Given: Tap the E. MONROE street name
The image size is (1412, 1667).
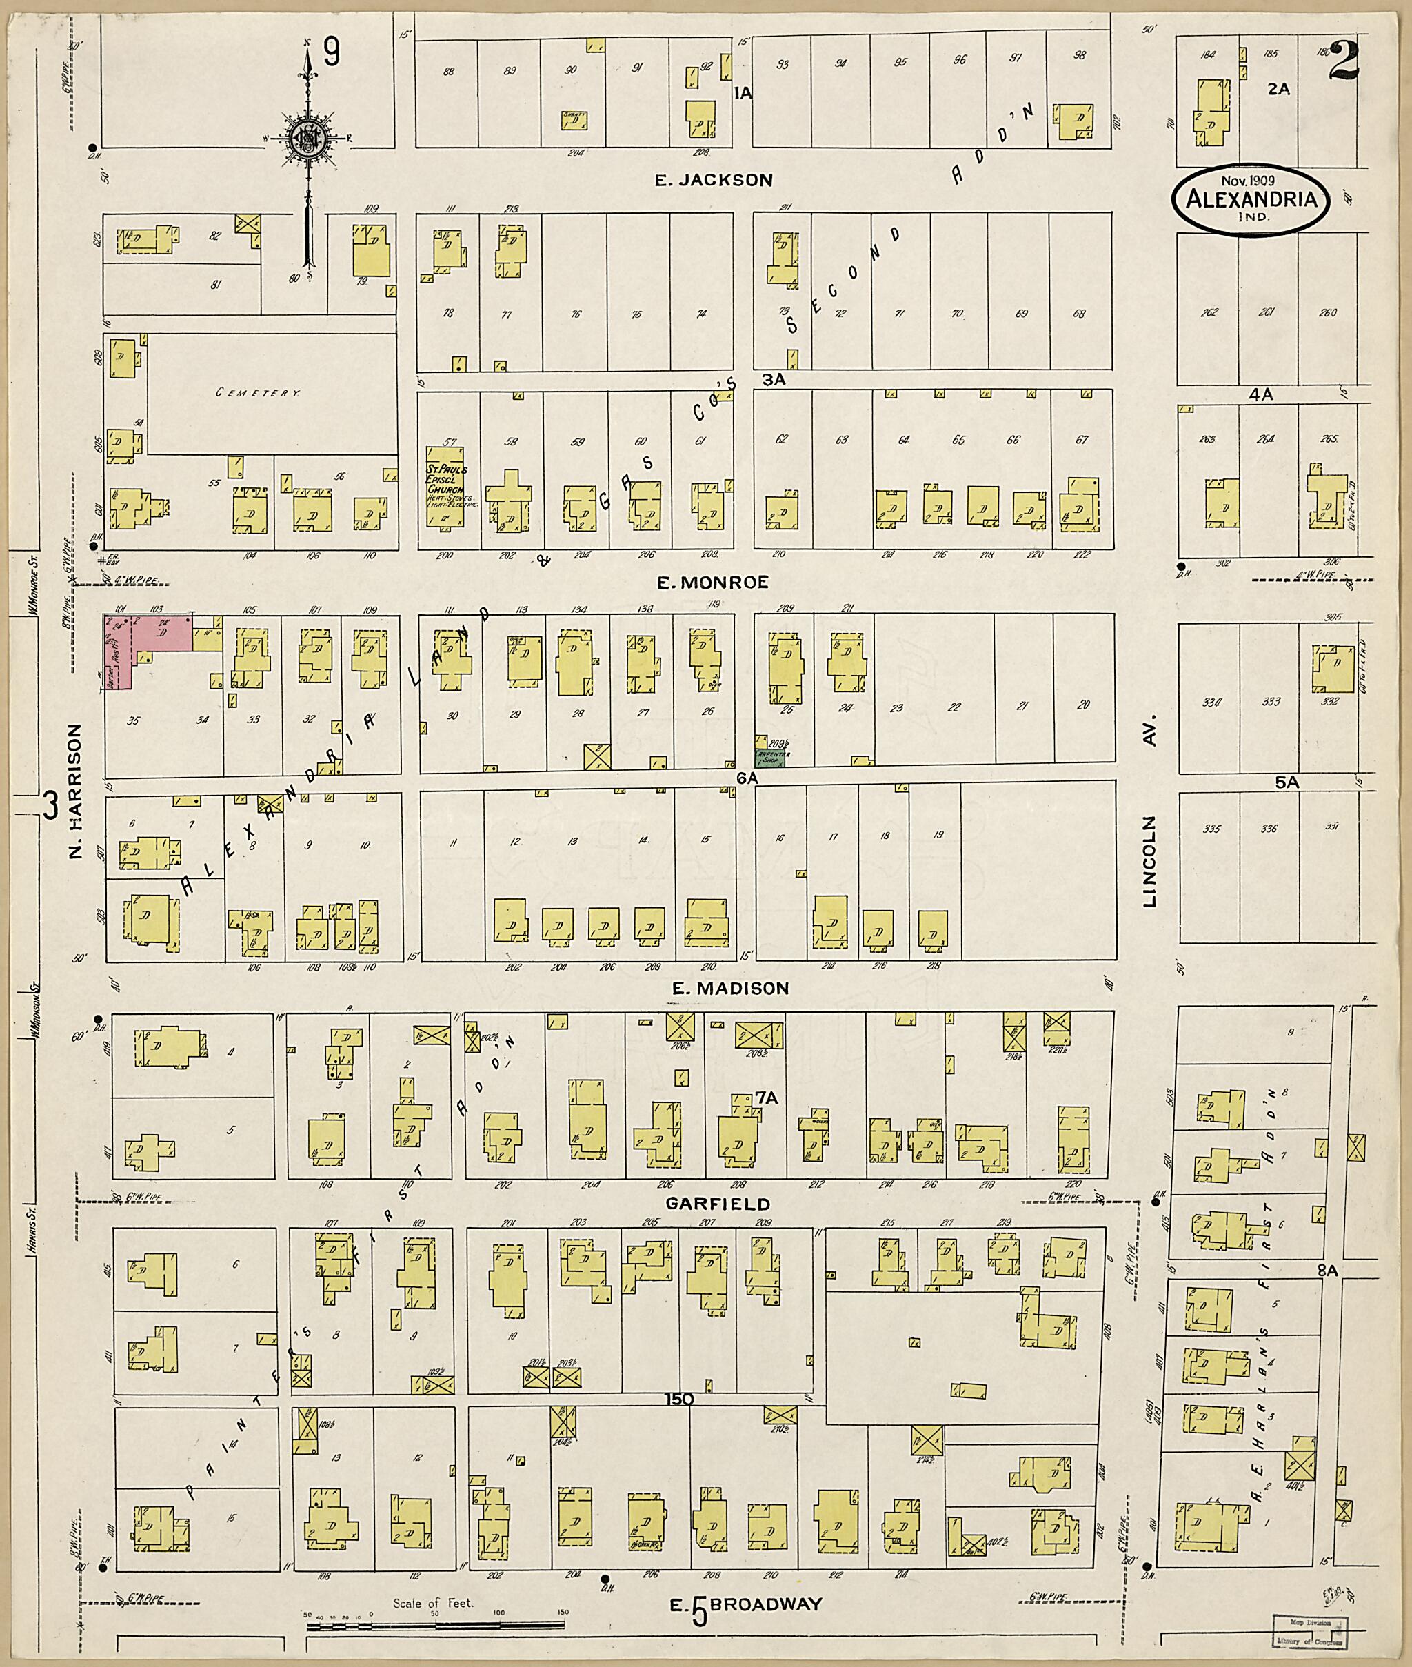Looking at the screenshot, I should (712, 583).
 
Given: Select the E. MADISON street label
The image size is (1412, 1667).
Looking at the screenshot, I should (730, 989).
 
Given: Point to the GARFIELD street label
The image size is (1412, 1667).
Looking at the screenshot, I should (717, 1204).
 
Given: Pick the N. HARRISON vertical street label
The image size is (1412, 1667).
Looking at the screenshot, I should (76, 792).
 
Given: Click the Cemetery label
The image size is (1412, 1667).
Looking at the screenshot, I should (258, 394).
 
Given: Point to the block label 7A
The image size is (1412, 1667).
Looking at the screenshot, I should (766, 1099).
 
